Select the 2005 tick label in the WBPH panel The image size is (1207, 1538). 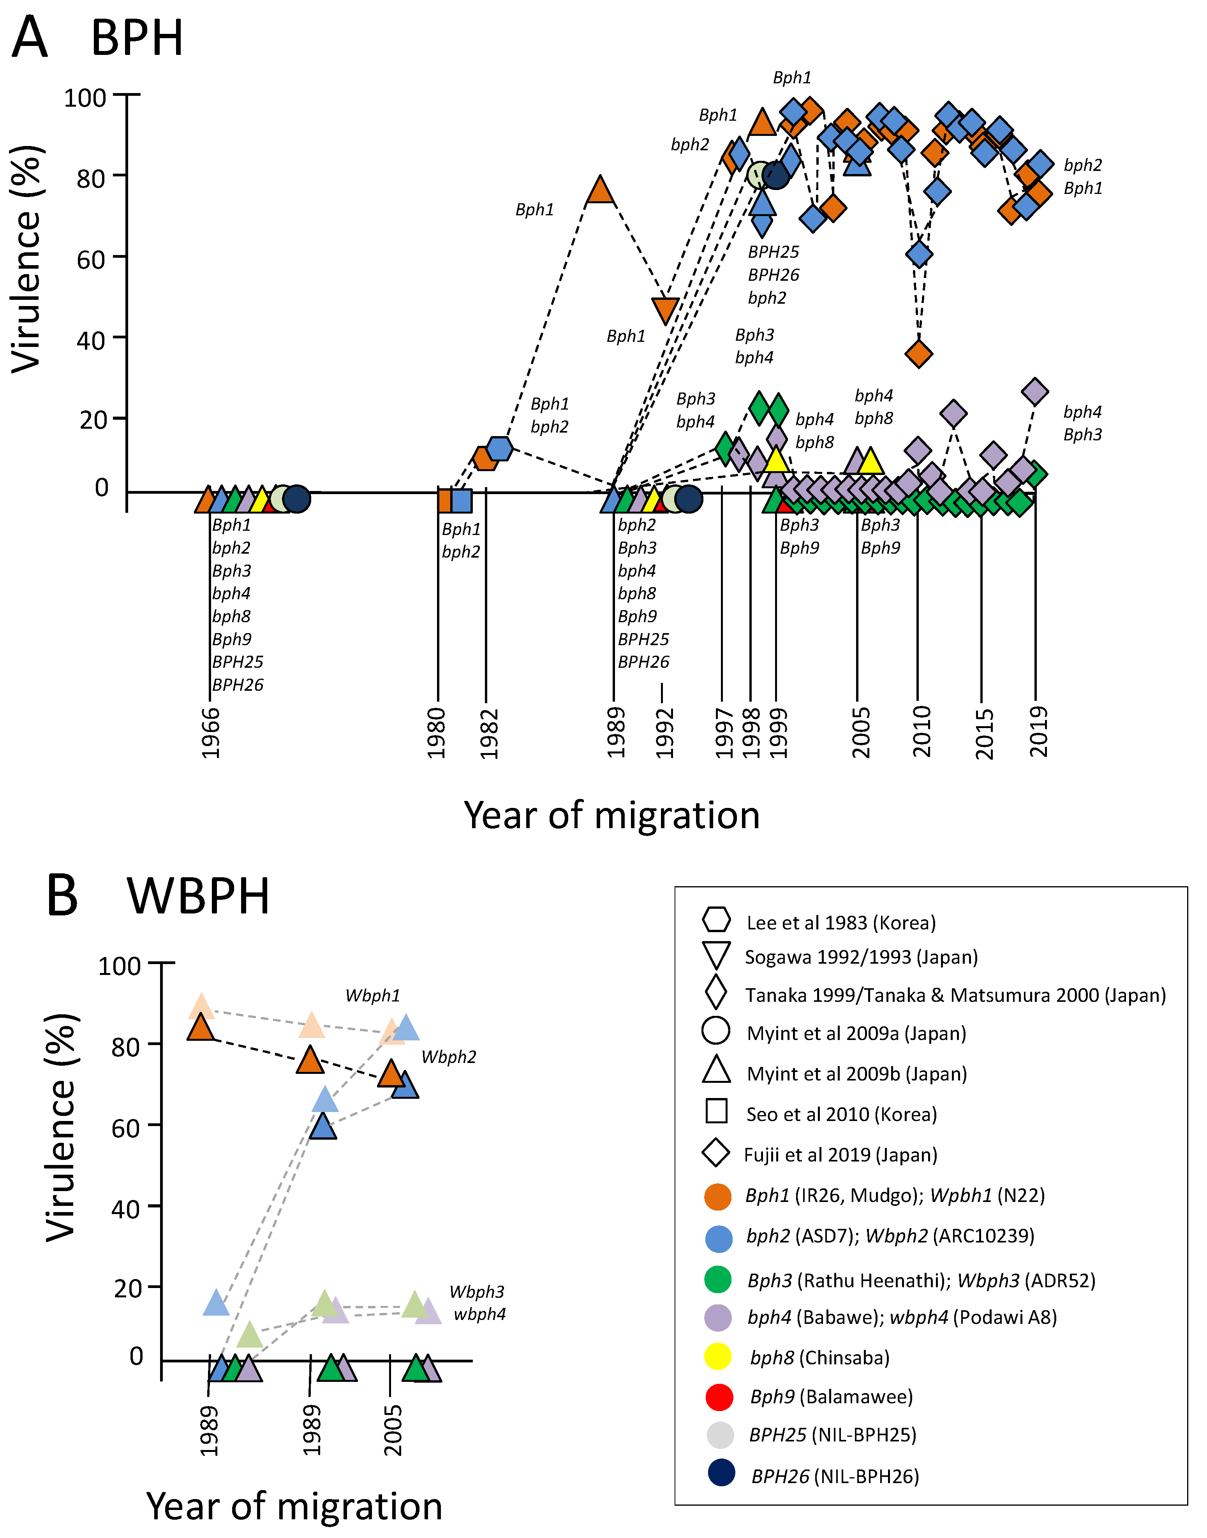click(x=393, y=1429)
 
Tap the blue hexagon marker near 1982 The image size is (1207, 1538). click(x=499, y=448)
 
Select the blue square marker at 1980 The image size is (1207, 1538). click(x=461, y=500)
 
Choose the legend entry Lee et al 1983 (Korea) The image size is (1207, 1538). click(x=841, y=923)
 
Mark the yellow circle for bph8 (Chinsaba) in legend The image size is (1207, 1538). click(x=718, y=1357)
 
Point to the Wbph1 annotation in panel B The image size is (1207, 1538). click(x=372, y=996)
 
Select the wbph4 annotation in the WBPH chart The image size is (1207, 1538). click(x=480, y=1314)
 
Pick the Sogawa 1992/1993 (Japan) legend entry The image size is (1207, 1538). click(x=861, y=957)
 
